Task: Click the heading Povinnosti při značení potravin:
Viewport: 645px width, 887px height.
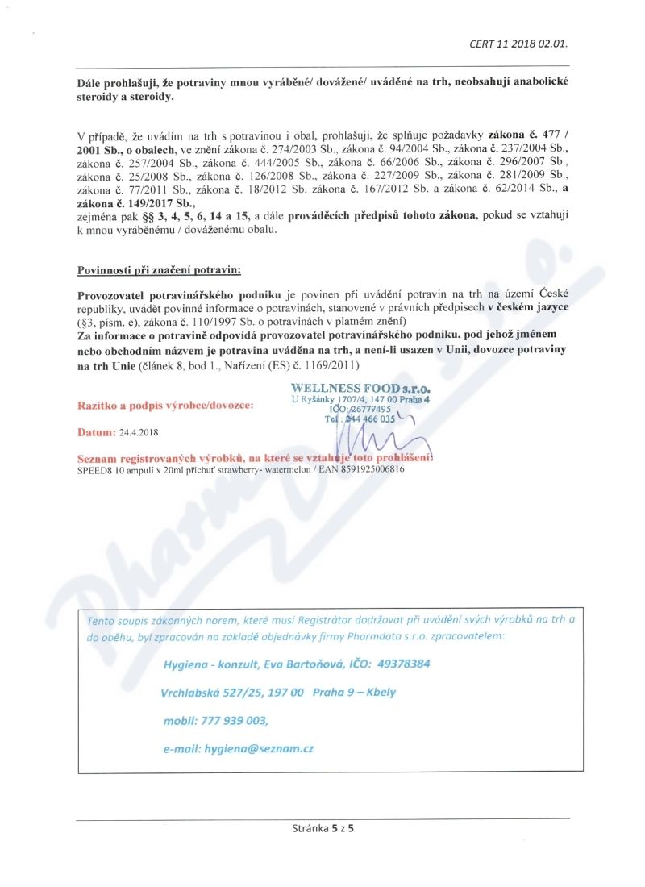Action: tap(158, 269)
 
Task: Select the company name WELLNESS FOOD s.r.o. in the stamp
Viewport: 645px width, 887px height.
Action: tap(360, 386)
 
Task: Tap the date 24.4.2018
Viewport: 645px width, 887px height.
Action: tap(141, 432)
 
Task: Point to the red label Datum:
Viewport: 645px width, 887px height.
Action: tap(96, 432)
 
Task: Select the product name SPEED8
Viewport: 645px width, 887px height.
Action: tap(95, 469)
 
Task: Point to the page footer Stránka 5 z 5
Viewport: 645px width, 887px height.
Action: tap(322, 827)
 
